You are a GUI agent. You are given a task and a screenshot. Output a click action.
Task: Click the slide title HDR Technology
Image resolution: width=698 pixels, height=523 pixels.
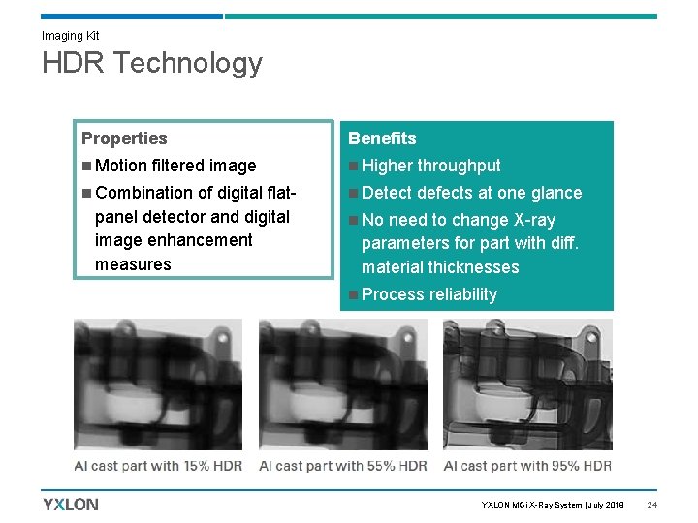[x=151, y=63]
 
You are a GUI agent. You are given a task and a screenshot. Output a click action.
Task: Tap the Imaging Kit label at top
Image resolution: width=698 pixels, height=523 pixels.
[x=70, y=36]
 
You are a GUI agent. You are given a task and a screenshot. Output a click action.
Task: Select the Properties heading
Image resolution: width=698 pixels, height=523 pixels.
[x=124, y=138]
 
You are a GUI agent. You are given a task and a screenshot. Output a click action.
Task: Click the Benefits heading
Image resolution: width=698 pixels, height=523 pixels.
[x=382, y=138]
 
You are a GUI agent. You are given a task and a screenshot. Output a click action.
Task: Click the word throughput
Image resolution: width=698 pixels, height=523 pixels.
[x=459, y=166]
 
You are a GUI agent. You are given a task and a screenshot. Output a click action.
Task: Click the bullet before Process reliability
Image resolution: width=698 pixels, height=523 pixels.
[x=354, y=294]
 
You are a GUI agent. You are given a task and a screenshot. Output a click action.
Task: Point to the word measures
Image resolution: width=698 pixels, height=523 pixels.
[x=133, y=264]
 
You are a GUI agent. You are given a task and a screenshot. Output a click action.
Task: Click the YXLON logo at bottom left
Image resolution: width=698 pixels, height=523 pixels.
[x=71, y=504]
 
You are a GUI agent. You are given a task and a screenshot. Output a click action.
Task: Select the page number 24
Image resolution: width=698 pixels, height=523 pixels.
[x=652, y=505]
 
